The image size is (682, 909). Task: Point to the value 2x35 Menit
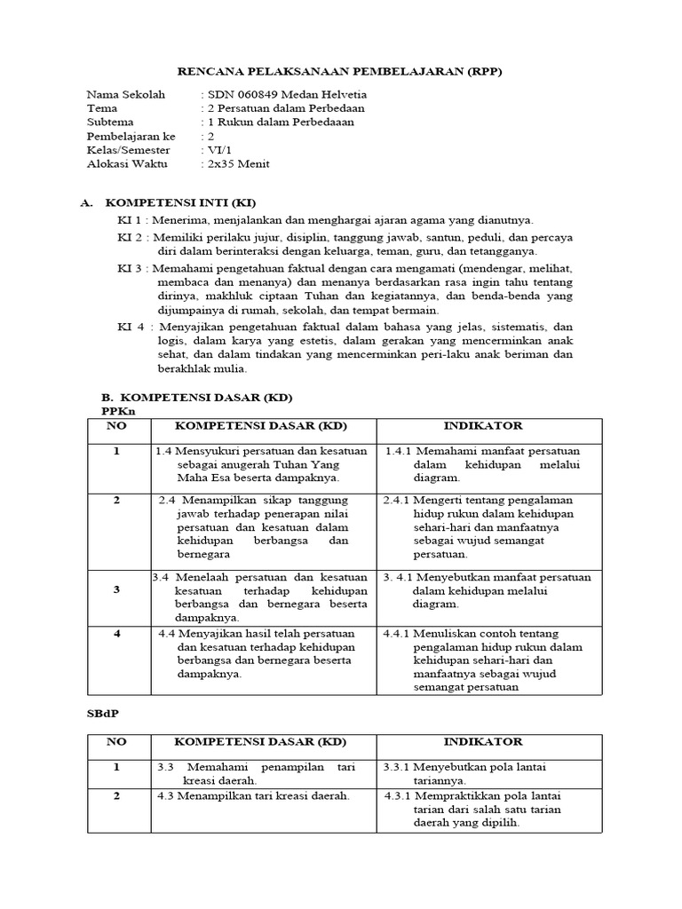237,164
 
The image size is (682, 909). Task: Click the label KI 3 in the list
131,269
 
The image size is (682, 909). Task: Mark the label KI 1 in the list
131,219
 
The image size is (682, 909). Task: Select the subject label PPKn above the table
118,411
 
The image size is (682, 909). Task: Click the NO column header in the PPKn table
117,427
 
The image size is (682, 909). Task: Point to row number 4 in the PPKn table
116,634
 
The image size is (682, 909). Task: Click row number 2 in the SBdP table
116,795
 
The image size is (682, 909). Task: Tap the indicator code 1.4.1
399,452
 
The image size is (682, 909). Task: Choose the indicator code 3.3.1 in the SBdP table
396,766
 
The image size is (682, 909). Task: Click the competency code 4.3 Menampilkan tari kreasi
166,795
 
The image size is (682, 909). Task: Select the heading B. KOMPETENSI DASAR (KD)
197,396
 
